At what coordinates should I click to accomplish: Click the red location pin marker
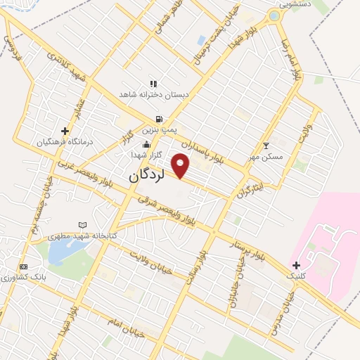click(x=181, y=165)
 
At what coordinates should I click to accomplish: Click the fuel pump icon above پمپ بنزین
click(x=160, y=120)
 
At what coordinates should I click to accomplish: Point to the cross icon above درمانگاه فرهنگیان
click(x=65, y=131)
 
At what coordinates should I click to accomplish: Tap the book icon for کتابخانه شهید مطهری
click(x=83, y=225)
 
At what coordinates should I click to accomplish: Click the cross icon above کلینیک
click(x=296, y=265)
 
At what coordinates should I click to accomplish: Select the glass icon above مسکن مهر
click(x=266, y=146)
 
